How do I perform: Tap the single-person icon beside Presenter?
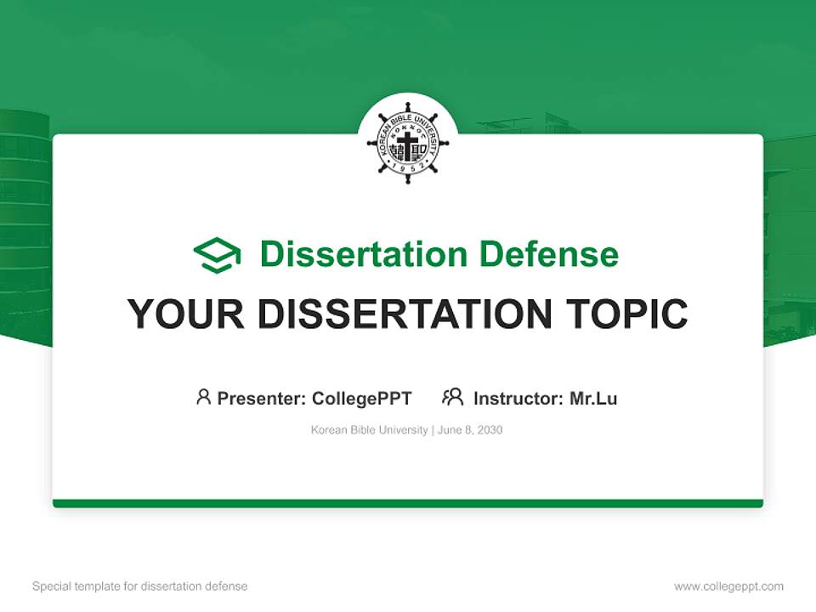(203, 397)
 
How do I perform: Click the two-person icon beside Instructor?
(452, 397)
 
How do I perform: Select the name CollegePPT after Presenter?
(362, 399)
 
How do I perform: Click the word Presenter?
(262, 399)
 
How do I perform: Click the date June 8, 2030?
(470, 430)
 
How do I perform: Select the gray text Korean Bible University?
(370, 430)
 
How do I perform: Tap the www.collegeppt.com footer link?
(728, 586)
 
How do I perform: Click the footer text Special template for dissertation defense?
(139, 586)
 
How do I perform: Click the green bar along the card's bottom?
(408, 503)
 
